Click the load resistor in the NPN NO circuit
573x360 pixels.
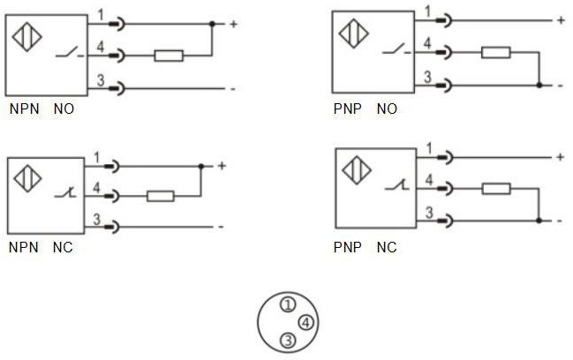click(x=168, y=56)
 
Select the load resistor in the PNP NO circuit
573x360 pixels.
click(x=495, y=52)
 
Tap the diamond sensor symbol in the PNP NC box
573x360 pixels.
click(x=355, y=169)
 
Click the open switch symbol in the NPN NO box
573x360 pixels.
click(x=65, y=55)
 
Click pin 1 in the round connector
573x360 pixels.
click(x=287, y=305)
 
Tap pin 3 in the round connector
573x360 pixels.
click(x=287, y=341)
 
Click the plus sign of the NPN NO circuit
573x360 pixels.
click(x=234, y=24)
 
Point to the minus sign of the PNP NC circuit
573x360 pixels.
click(x=560, y=220)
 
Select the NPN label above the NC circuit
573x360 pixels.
click(x=24, y=248)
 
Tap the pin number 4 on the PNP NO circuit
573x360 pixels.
click(x=427, y=43)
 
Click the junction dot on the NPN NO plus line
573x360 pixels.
click(x=212, y=24)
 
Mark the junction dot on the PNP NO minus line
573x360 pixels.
click(x=539, y=85)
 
